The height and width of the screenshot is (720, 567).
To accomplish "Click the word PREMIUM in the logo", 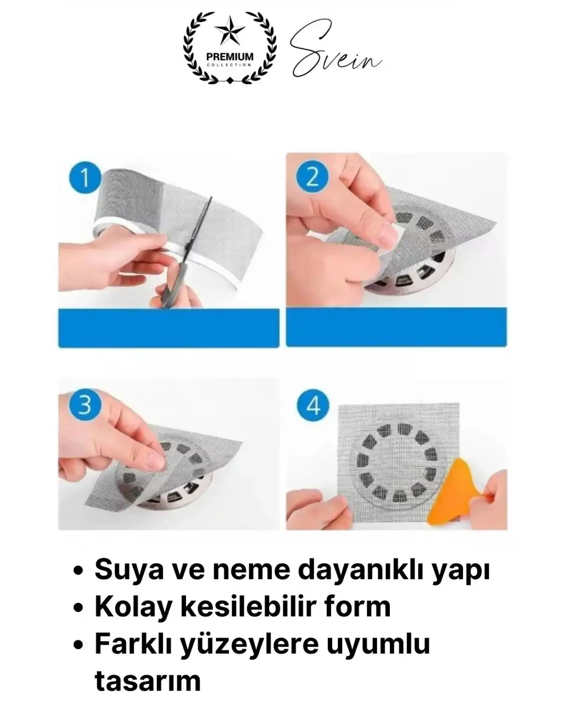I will point(229,56).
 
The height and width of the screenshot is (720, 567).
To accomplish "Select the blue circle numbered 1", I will point(85,178).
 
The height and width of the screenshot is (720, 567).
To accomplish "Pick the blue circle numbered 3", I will point(85,405).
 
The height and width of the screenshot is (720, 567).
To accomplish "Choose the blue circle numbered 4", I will point(313,406).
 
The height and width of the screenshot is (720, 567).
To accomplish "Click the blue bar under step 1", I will point(168,328).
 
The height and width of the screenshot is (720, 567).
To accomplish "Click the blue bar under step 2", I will point(396,328).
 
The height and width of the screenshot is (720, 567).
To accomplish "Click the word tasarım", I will point(147,680).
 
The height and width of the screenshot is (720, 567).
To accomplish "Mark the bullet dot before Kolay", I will point(79,609).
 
